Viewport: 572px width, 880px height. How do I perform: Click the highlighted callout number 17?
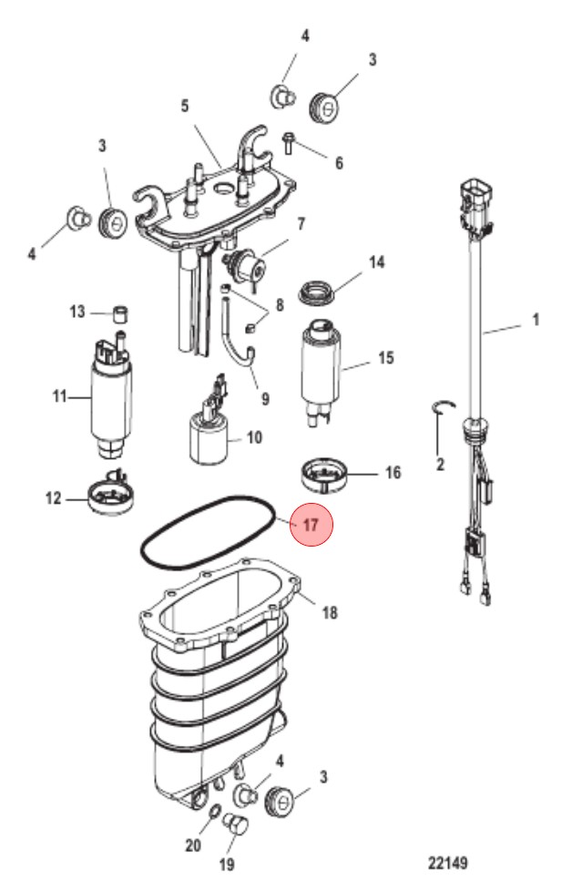311,525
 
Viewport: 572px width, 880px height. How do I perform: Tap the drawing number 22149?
448,862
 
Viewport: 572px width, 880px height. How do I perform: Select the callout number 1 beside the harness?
536,320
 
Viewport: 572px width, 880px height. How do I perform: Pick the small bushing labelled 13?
121,313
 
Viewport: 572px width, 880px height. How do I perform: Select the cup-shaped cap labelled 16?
323,475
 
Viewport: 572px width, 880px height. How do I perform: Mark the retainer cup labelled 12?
111,496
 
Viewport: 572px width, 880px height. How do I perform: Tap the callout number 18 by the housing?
330,611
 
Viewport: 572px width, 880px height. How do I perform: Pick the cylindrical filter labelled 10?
209,438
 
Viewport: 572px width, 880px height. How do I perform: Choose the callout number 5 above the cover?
185,106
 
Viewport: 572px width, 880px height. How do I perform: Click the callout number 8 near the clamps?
279,305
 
